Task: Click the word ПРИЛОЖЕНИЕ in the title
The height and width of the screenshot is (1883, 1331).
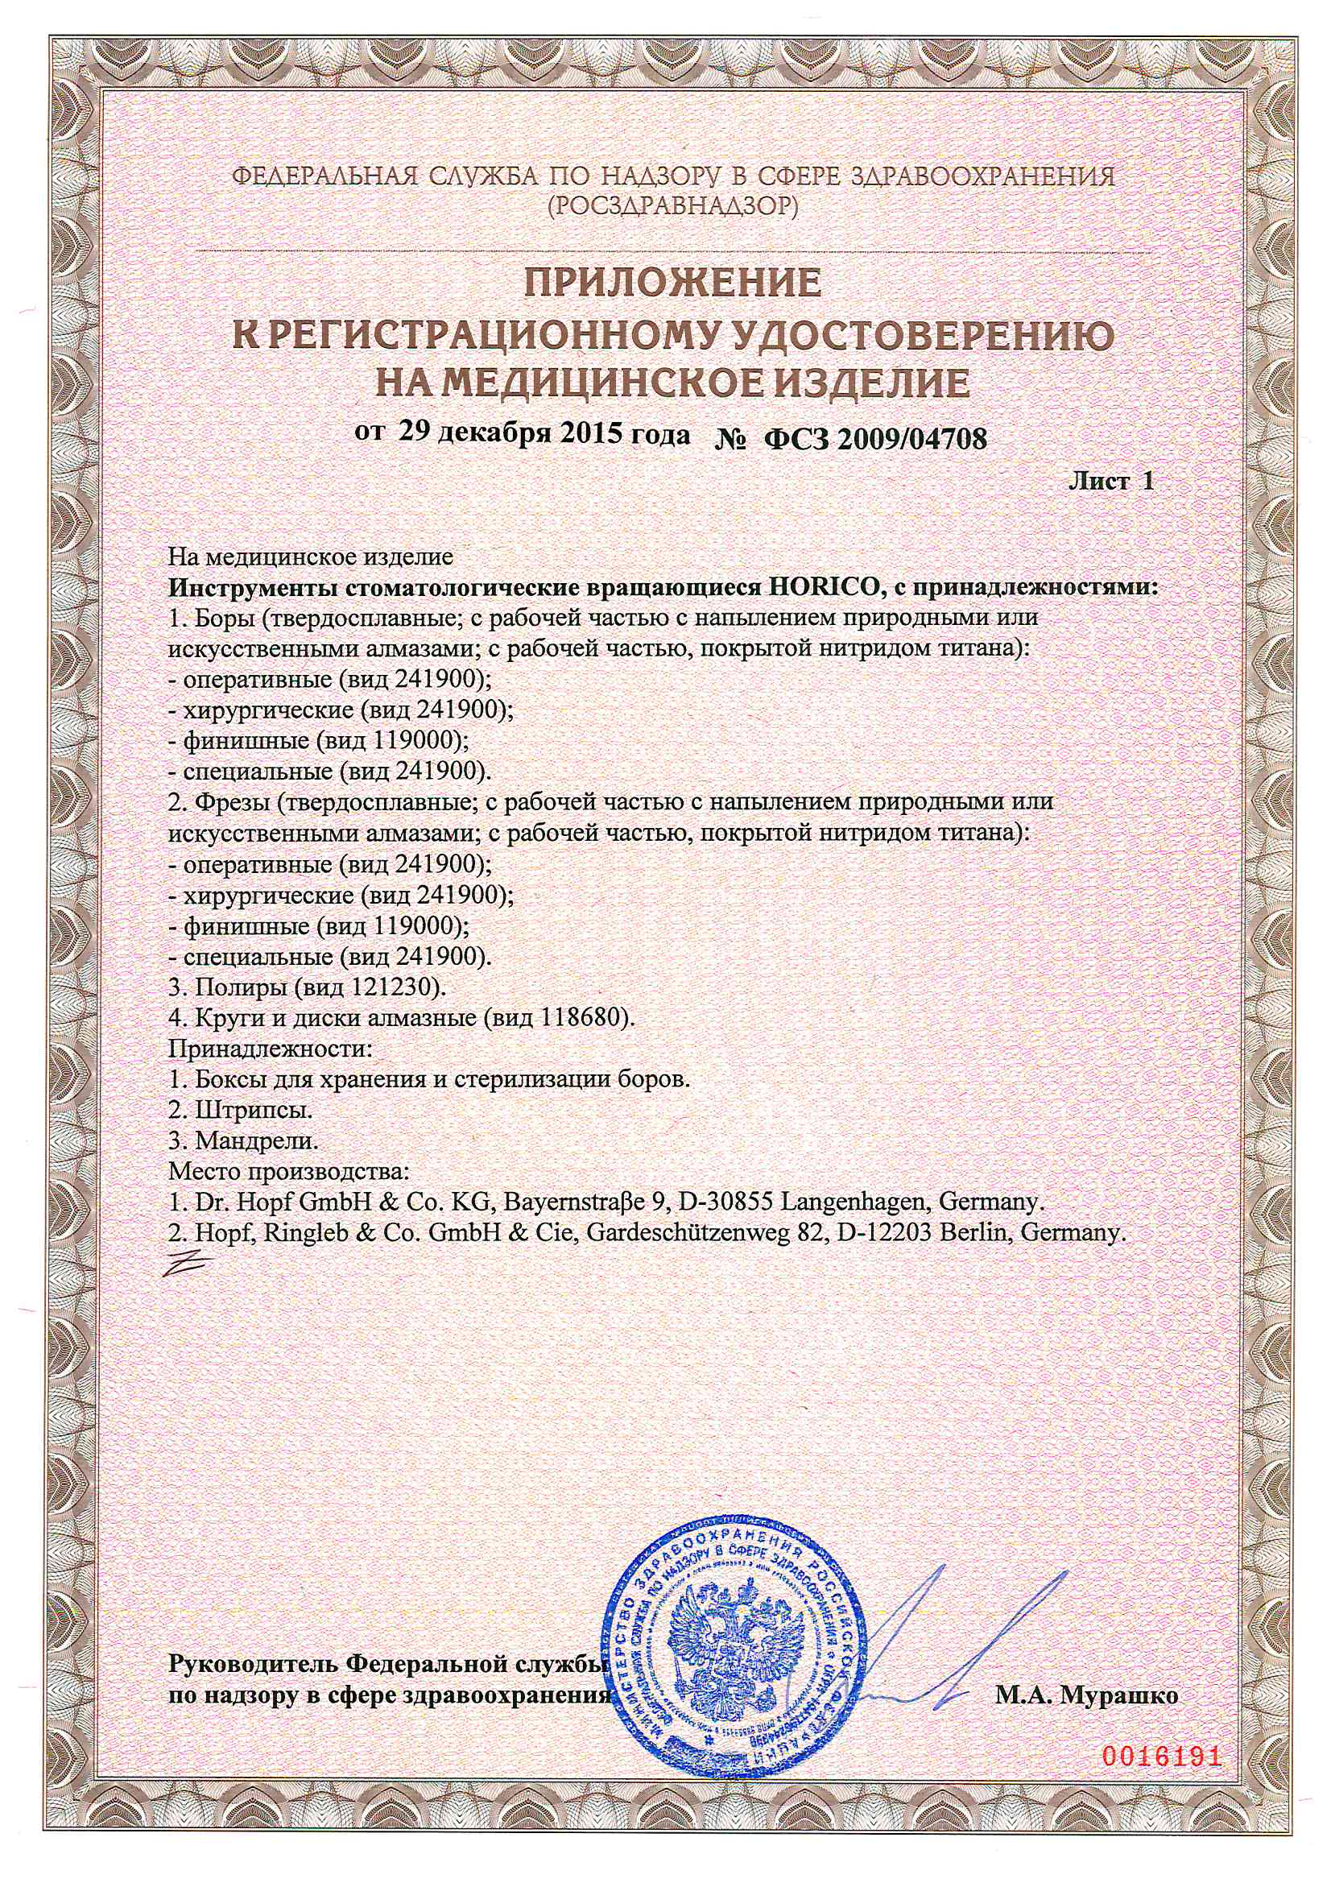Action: pos(672,283)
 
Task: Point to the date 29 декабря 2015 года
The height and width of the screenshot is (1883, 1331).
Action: pos(544,435)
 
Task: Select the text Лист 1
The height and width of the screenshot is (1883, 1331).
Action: pos(1111,482)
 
